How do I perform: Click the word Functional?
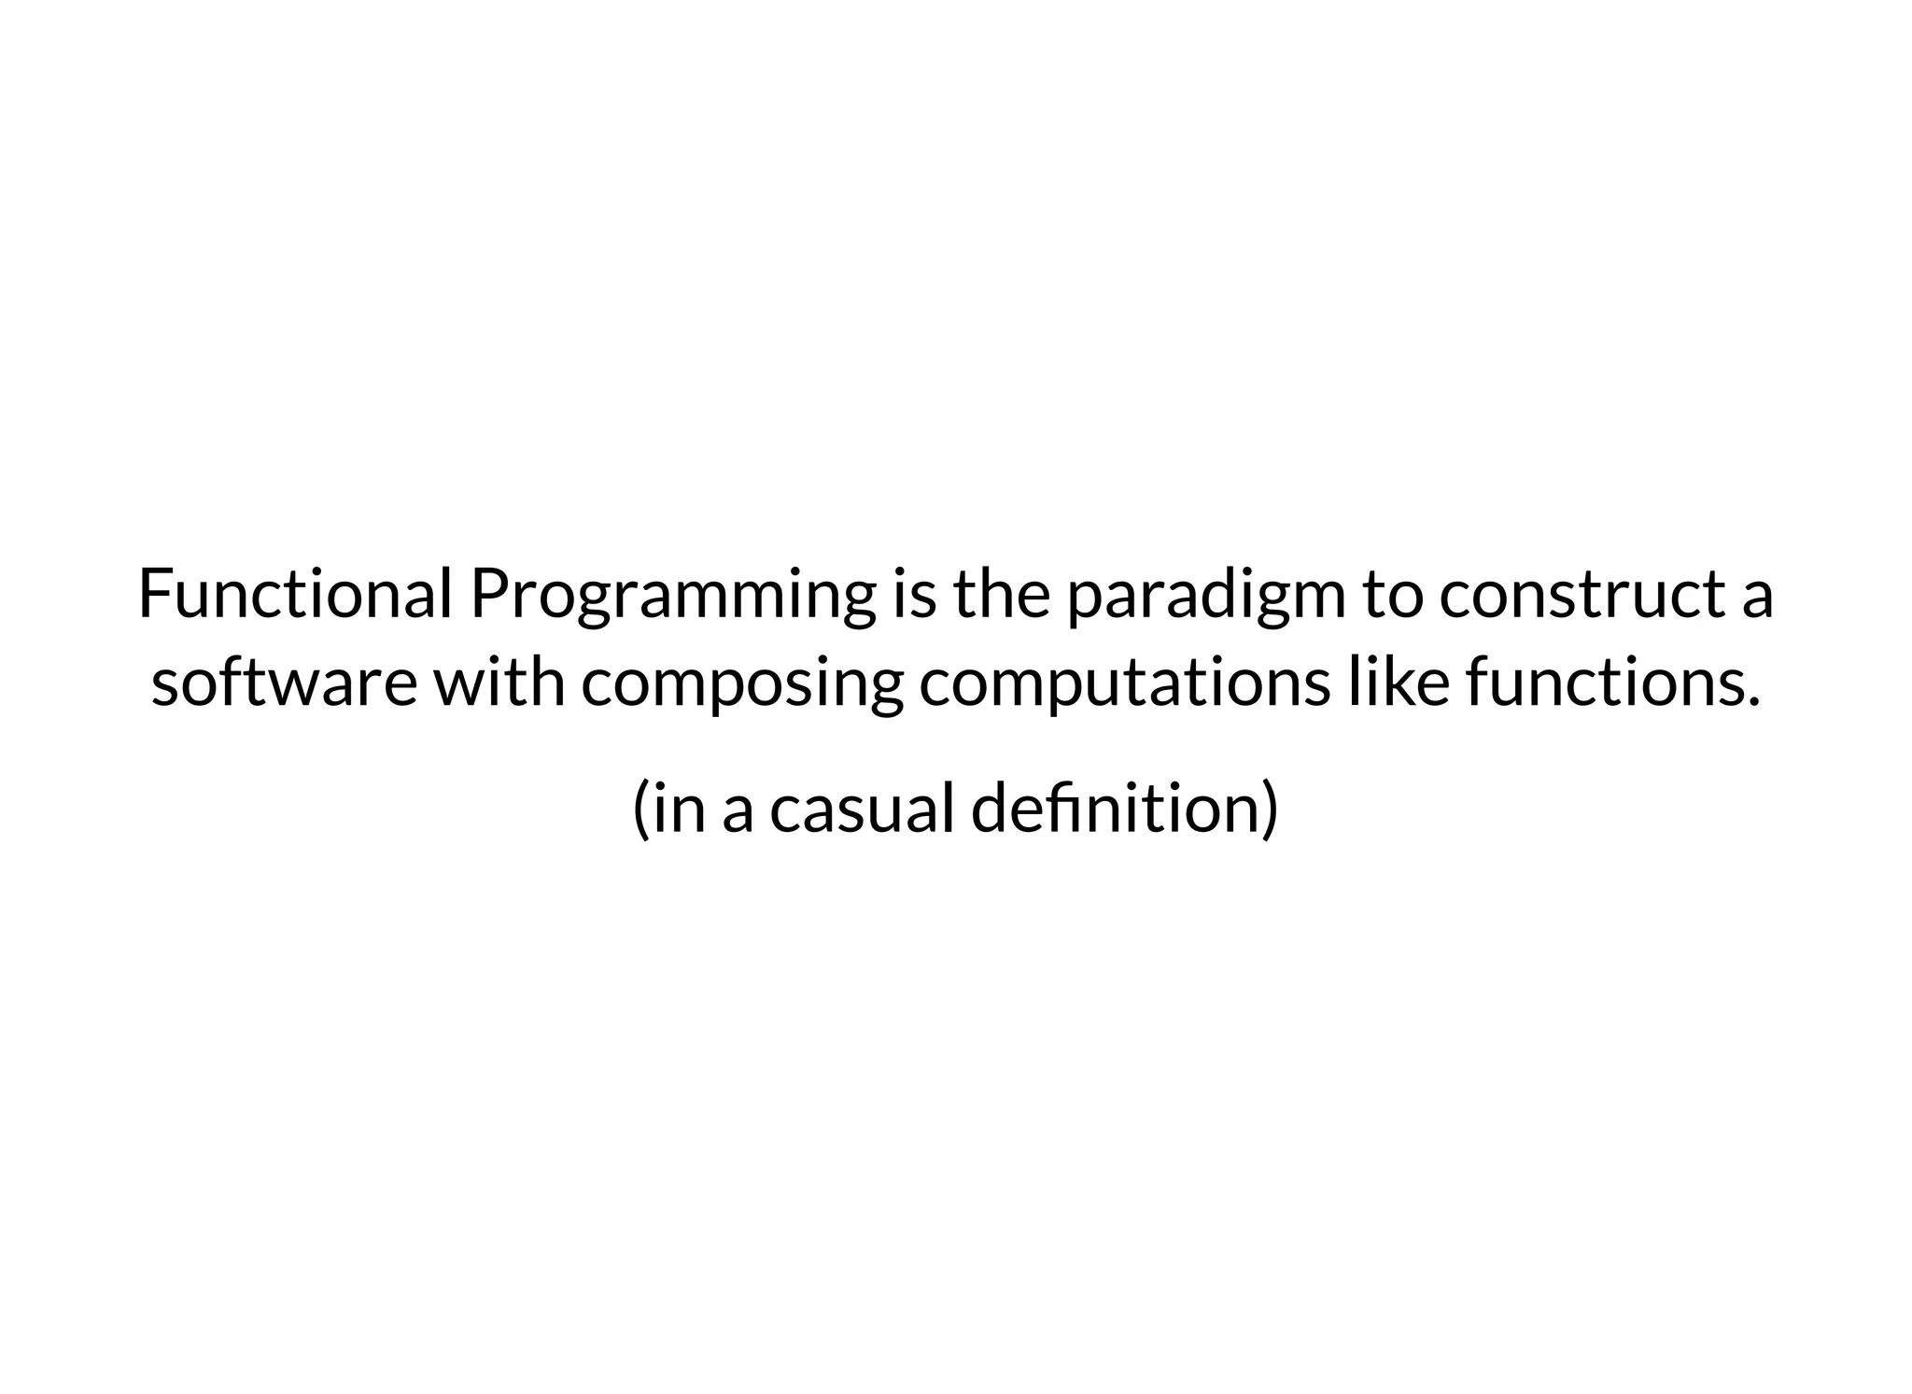[x=295, y=595]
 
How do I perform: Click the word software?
[x=284, y=683]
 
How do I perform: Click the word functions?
[x=1606, y=683]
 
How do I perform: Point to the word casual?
[x=862, y=809]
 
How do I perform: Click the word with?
[x=500, y=682]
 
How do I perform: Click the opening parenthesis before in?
[x=641, y=810]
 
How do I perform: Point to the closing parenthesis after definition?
[x=1269, y=810]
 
